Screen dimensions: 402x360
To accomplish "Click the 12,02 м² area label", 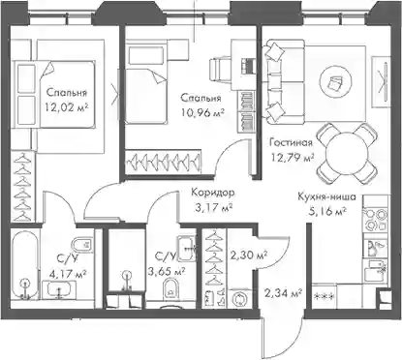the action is click(67, 106).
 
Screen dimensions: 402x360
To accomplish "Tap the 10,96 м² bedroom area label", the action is click(202, 112).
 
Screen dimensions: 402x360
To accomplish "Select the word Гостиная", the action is click(291, 142).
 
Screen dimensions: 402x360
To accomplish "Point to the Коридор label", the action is click(213, 193).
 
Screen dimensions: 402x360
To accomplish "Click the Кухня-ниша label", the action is click(326, 196).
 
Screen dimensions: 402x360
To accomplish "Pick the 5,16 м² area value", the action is click(326, 212).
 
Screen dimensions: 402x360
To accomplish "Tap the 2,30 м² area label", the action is click(248, 255).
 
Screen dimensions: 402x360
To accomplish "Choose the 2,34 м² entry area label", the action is click(283, 293).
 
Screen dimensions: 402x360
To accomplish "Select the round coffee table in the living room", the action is click(335, 81).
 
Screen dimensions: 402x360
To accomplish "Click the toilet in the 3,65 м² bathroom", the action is click(171, 288).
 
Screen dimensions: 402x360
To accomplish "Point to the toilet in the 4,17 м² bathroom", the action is click(82, 246).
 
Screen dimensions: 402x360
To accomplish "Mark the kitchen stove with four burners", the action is click(375, 219).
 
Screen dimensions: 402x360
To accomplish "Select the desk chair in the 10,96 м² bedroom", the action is click(220, 69).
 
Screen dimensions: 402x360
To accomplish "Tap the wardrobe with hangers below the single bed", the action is click(164, 161).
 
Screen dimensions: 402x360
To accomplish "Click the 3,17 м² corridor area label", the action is click(214, 208).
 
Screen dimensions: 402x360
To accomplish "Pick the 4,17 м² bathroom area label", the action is click(68, 274).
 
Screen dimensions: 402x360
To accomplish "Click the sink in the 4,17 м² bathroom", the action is click(59, 289).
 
